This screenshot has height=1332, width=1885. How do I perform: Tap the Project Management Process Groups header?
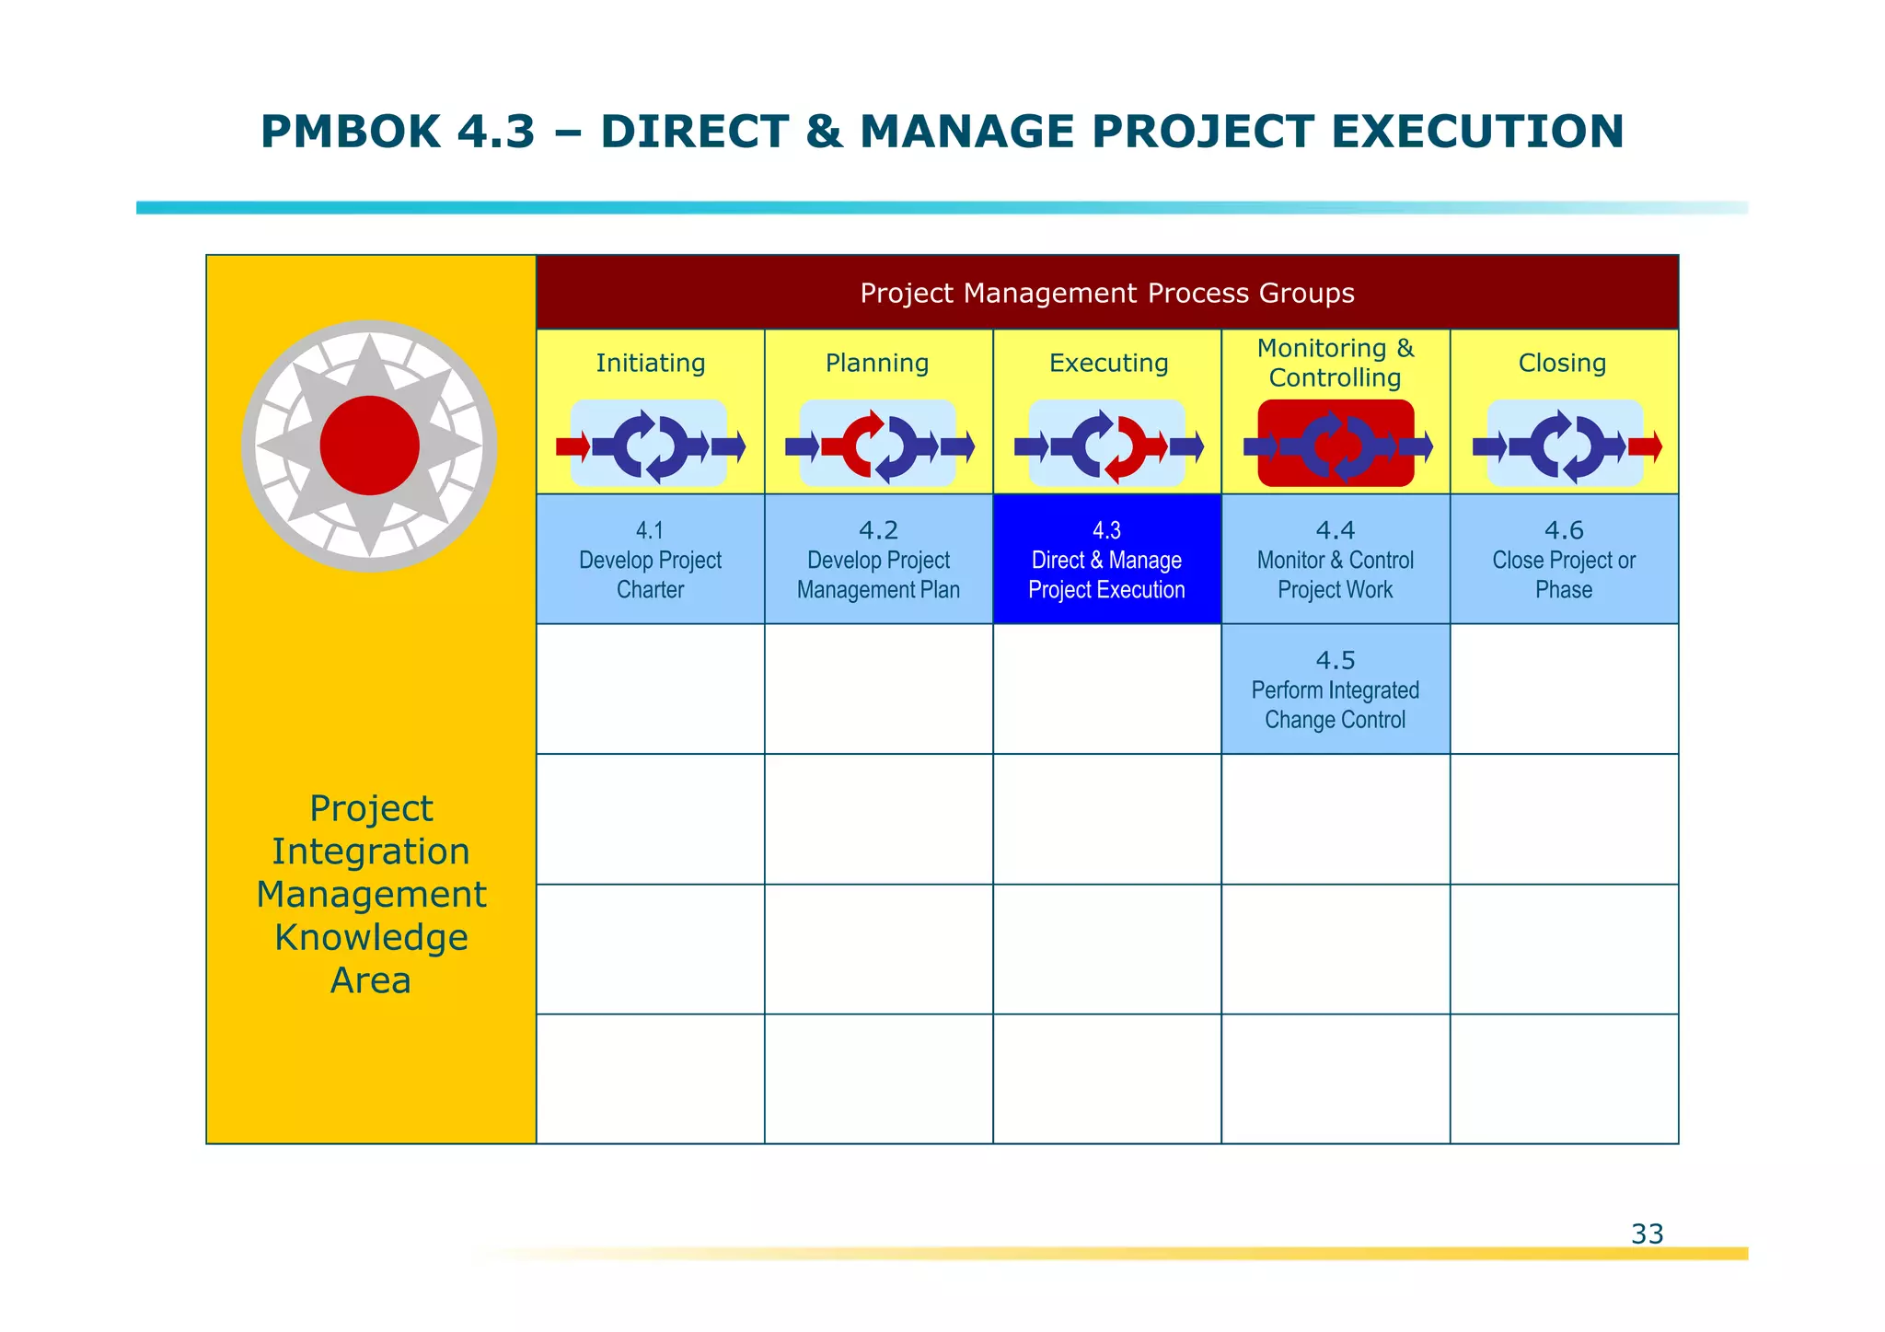1106,294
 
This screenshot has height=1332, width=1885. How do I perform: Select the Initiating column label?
650,363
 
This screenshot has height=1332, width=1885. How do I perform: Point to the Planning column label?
877,363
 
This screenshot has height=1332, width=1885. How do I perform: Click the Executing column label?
1108,363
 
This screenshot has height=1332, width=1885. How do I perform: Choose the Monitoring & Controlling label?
1335,363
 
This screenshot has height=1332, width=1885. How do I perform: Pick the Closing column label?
1562,363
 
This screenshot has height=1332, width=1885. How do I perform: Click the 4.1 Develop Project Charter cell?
650,560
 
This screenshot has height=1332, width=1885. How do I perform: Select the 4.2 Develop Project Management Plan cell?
878,560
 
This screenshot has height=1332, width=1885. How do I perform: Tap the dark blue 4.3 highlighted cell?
1106,560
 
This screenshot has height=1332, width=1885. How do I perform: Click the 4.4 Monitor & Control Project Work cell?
1335,560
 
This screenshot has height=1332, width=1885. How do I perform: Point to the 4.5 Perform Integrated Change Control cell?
1335,689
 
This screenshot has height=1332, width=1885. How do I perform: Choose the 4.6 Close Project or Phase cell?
1563,560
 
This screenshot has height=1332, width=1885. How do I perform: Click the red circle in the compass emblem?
369,446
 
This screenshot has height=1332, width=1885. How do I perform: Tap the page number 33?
1647,1234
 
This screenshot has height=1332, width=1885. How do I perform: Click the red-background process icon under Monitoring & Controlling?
1336,444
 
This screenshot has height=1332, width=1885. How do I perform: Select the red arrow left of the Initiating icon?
572,447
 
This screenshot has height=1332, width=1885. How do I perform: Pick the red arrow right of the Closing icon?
1645,447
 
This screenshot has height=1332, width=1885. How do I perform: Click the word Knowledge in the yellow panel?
371,937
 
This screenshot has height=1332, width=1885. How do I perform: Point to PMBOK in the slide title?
351,132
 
